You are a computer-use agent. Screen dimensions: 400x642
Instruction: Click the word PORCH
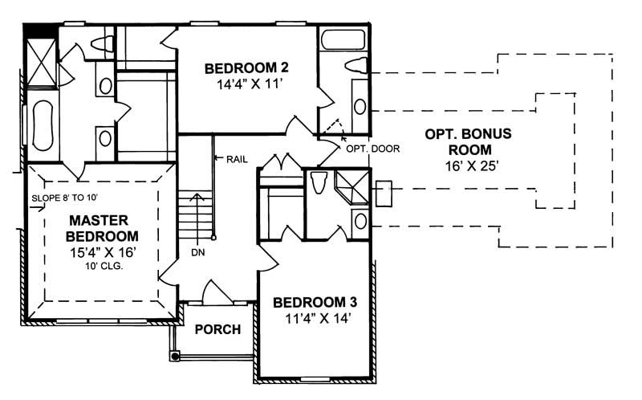coord(217,329)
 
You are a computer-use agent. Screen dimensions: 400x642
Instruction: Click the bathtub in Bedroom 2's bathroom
coord(343,39)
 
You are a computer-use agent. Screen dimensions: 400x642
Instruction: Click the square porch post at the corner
coord(174,353)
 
